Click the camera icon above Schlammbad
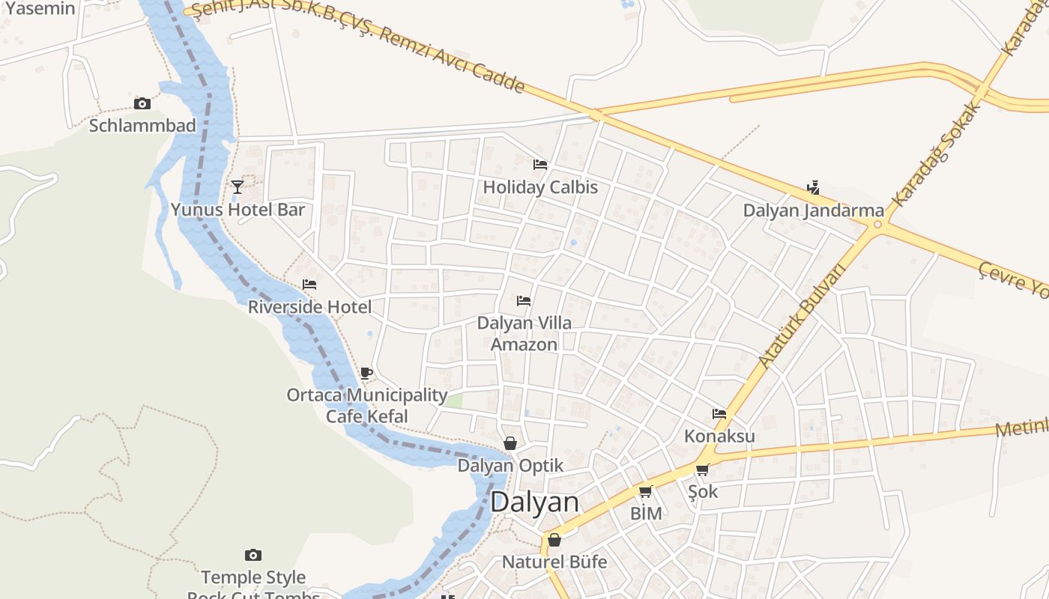(142, 103)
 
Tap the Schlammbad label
(142, 125)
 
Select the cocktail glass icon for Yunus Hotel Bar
(238, 186)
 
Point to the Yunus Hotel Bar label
(238, 209)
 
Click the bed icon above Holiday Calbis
(540, 165)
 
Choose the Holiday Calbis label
(540, 186)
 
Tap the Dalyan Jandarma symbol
(814, 187)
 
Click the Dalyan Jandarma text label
(814, 210)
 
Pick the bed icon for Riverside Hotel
(309, 285)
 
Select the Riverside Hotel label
(309, 307)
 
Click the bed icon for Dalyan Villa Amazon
(524, 301)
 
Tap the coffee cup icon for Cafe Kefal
(366, 372)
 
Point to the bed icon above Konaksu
(719, 413)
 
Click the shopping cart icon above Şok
(702, 469)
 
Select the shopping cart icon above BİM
(645, 491)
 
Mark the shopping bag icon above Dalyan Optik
(510, 443)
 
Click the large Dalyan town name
(534, 502)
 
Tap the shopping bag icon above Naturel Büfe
(554, 540)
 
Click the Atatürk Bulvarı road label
(801, 315)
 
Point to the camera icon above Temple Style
(253, 555)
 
